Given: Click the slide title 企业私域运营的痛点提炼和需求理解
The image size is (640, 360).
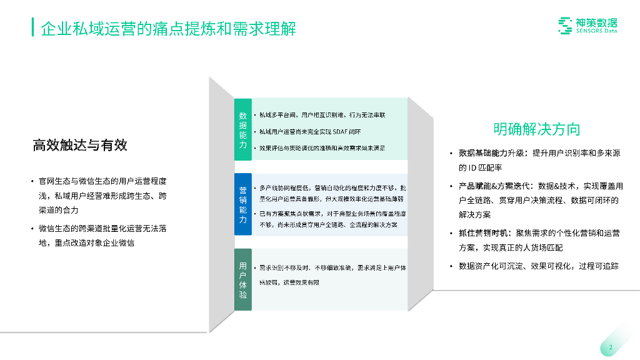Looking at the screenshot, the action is coord(168,29).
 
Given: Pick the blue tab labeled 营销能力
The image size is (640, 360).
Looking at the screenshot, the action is coord(243,204).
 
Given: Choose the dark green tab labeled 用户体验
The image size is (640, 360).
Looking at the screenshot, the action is coord(243,280).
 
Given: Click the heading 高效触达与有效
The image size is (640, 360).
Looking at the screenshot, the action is coord(80,146).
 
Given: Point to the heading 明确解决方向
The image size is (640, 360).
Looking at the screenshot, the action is coord(536,129).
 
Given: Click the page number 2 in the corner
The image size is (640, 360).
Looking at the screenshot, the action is coord(611,347).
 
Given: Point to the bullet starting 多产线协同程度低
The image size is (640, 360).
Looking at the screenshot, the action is coord(332,193).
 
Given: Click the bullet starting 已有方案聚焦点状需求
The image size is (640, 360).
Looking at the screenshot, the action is coord(332,219).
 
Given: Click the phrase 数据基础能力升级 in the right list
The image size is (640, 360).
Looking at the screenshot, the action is coord(490,153).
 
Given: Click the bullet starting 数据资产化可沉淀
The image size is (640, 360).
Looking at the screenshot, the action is coord(538,266).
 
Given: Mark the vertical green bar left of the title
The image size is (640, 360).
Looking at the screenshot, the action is coord(32,27).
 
